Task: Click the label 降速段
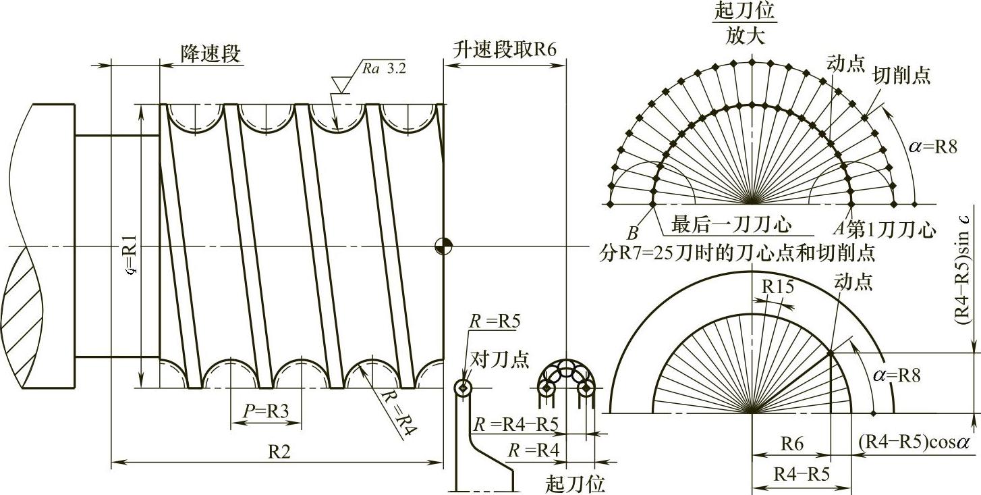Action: point(210,54)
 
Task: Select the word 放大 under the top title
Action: point(746,36)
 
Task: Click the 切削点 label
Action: point(902,75)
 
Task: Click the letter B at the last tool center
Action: point(633,233)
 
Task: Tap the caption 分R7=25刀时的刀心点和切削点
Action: point(738,253)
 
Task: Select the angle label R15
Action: point(778,287)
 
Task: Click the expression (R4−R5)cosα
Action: point(914,442)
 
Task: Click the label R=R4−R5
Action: point(520,425)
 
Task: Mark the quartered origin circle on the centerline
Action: point(443,246)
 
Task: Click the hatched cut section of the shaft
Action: point(34,317)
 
